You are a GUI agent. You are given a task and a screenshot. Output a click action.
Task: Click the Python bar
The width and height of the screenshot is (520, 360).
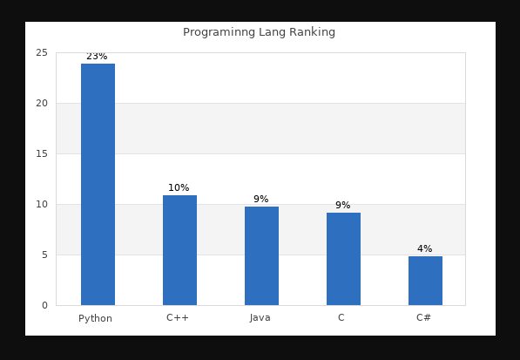coord(98,184)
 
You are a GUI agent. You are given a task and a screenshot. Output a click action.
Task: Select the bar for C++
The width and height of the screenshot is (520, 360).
coord(179,250)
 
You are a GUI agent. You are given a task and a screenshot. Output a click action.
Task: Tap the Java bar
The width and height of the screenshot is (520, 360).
coord(261,255)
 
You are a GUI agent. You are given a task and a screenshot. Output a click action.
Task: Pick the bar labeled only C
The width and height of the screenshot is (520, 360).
coord(343,259)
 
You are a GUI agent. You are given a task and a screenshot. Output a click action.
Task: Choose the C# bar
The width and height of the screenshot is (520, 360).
coord(425,281)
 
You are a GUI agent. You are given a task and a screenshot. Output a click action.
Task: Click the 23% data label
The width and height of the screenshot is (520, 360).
coord(97,57)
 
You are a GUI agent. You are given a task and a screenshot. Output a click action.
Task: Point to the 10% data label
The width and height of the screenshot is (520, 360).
coord(179,188)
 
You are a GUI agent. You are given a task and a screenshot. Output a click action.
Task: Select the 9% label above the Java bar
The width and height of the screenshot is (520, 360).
coord(260,200)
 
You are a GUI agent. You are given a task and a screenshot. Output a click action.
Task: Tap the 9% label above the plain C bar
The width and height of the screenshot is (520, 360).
coord(342,206)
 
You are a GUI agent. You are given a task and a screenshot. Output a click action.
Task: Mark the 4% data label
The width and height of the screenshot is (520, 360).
coord(424,249)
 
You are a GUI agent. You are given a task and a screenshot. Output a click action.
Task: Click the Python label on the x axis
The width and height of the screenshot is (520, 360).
coord(96,318)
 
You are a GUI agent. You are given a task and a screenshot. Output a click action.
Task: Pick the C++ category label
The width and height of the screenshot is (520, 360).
coord(178,318)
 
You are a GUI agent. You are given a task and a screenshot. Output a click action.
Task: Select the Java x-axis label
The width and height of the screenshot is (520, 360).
coord(260,318)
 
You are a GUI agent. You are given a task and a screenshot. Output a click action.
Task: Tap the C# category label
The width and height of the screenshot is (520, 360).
coord(424,318)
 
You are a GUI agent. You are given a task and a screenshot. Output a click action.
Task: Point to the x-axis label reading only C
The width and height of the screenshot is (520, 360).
coord(341,318)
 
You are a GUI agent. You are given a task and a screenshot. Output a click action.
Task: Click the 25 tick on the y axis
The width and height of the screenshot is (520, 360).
coord(42,53)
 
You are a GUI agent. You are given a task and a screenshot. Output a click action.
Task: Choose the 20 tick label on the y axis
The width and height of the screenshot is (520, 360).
coord(42,104)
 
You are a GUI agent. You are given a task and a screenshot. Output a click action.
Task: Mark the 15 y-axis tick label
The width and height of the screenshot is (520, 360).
coord(42,154)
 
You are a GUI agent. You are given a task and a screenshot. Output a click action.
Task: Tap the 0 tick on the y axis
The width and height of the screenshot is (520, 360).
coord(44,306)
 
